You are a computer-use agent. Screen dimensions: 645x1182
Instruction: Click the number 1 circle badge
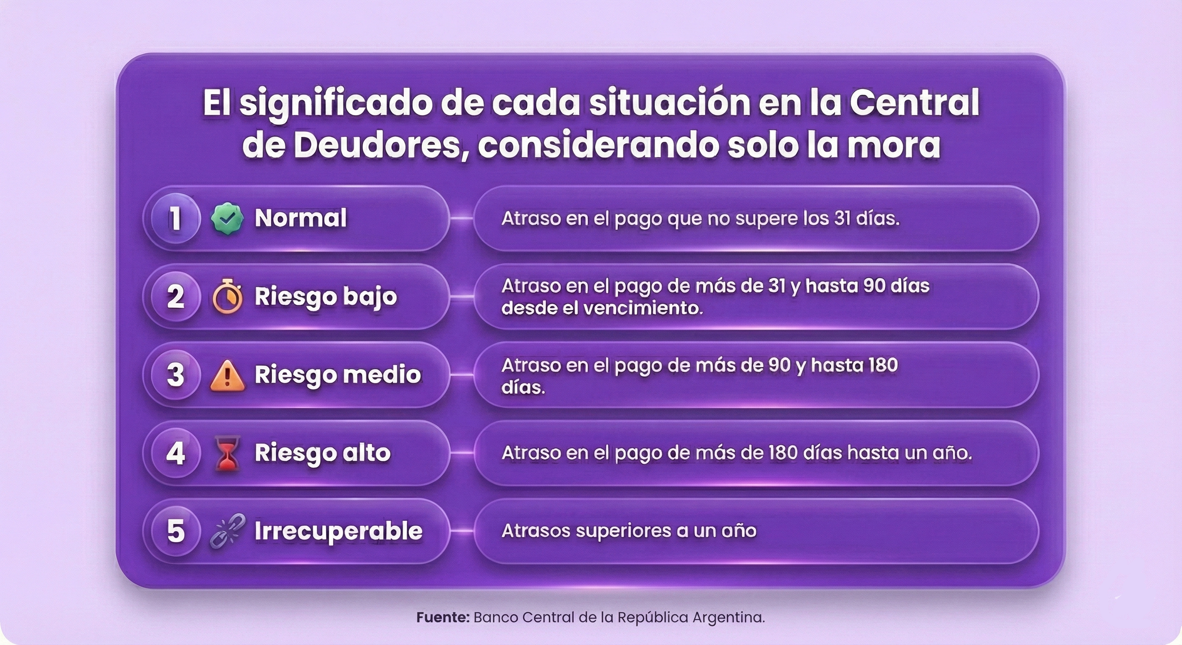click(176, 218)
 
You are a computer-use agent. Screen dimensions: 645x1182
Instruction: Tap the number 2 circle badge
click(176, 296)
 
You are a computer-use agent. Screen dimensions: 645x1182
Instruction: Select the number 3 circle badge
click(176, 375)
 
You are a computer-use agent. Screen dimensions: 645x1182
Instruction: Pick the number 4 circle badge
click(176, 453)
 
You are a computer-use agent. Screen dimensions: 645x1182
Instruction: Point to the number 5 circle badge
click(176, 531)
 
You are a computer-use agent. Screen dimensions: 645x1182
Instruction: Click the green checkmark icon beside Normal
click(227, 218)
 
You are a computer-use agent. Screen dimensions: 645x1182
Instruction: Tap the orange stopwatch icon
click(228, 296)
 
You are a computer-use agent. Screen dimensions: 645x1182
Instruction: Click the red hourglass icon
click(228, 454)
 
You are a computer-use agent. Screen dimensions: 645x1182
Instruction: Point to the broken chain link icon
click(228, 531)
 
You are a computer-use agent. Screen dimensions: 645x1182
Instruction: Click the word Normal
click(301, 218)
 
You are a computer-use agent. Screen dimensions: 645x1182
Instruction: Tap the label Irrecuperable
click(338, 531)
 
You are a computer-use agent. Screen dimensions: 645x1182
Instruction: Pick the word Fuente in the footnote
click(442, 617)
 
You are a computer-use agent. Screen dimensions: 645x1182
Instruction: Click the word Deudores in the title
click(377, 146)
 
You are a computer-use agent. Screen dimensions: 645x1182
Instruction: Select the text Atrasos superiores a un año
click(629, 531)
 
